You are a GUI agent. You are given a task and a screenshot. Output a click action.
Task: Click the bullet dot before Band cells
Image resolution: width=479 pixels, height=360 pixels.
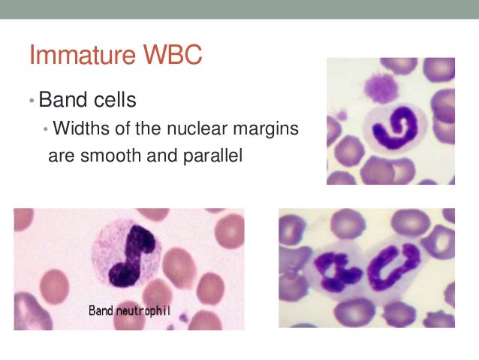(x=32, y=101)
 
